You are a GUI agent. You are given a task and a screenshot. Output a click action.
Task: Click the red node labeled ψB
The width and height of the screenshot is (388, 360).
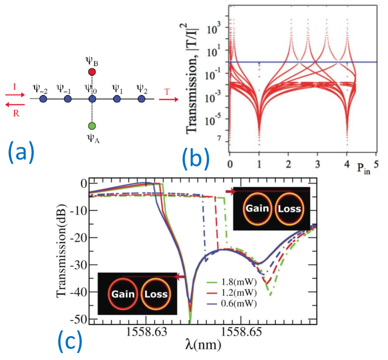[x=92, y=72]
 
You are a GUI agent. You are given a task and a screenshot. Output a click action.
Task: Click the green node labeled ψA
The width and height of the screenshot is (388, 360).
[x=92, y=126]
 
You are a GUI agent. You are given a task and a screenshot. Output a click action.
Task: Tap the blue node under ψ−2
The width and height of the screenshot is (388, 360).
[x=43, y=99]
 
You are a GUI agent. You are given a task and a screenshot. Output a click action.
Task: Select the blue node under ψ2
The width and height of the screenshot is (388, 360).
[x=141, y=99]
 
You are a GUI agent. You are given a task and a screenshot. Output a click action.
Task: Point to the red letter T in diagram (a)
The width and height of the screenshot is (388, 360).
[x=167, y=92]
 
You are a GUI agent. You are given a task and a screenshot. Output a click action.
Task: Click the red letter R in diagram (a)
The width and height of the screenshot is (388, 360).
[x=16, y=113]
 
